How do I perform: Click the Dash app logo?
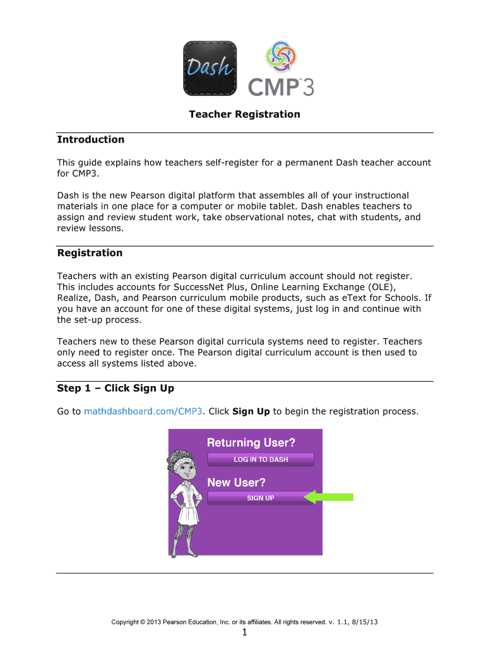pyautogui.click(x=210, y=68)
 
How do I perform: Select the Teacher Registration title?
pyautogui.click(x=245, y=114)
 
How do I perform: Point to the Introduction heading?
pyautogui.click(x=90, y=139)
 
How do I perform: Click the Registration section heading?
pyautogui.click(x=90, y=253)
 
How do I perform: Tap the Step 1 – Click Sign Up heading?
pyautogui.click(x=116, y=388)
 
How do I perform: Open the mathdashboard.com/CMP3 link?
pyautogui.click(x=143, y=411)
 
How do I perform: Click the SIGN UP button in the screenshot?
pyautogui.click(x=260, y=498)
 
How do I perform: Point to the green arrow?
pyautogui.click(x=329, y=498)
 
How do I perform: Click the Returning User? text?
pyautogui.click(x=251, y=443)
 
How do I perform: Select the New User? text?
pyautogui.click(x=237, y=483)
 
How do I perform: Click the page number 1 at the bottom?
pyautogui.click(x=244, y=635)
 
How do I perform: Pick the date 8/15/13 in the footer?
pyautogui.click(x=365, y=622)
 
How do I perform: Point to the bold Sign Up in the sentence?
pyautogui.click(x=251, y=411)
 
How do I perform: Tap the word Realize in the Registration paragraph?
pyautogui.click(x=74, y=298)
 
